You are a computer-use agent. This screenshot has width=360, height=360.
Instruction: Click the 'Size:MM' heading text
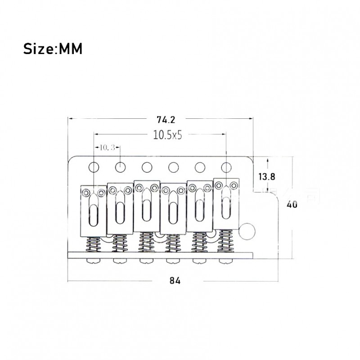click(x=53, y=48)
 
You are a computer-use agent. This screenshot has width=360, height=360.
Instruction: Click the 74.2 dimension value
click(x=166, y=120)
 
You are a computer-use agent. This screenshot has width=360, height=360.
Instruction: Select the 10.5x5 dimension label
click(x=166, y=135)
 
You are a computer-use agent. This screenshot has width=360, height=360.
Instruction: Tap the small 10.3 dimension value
click(x=106, y=147)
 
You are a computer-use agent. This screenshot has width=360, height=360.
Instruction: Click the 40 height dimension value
click(x=292, y=204)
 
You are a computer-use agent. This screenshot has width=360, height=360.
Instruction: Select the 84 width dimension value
click(x=175, y=280)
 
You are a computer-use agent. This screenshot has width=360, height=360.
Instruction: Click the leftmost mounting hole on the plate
click(x=94, y=167)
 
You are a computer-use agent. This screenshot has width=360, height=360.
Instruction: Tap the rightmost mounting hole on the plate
click(x=225, y=167)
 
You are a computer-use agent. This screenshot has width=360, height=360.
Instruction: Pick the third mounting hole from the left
click(x=146, y=167)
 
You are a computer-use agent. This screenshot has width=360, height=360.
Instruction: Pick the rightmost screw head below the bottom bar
click(x=225, y=261)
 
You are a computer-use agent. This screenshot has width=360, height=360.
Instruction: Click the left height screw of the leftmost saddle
click(x=86, y=193)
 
